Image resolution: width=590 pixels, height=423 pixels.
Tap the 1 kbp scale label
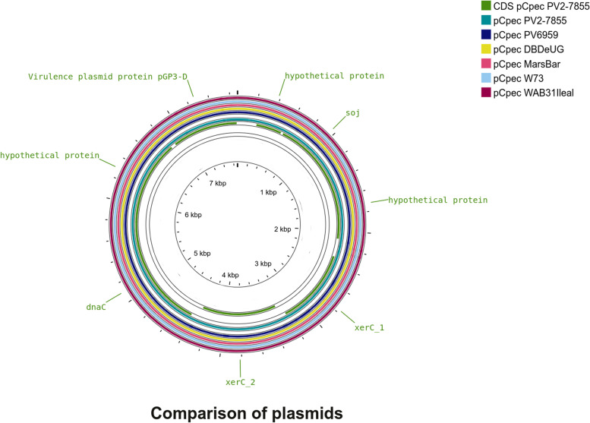[269, 193]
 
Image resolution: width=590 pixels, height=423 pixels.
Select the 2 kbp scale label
[282, 229]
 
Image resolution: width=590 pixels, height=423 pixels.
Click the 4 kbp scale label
[230, 275]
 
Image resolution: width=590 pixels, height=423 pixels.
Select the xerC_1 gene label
[370, 327]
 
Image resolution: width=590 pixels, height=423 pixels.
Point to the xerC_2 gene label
[240, 382]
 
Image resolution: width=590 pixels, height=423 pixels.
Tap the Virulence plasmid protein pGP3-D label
[108, 77]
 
